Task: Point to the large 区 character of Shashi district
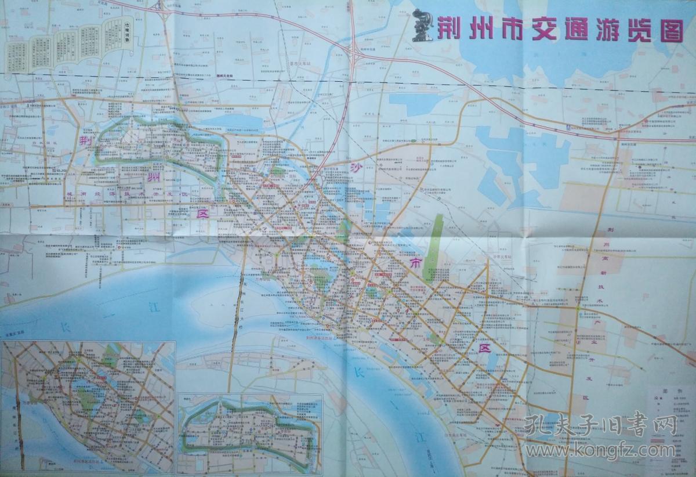pos(483,348)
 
